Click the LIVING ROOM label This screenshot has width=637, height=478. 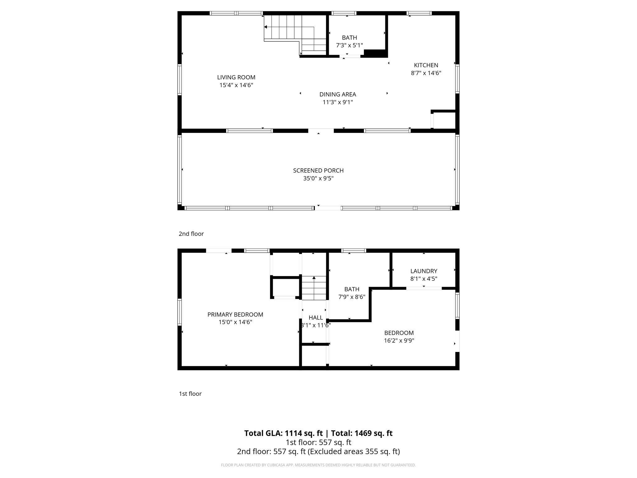236,77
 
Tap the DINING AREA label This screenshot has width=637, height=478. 337,94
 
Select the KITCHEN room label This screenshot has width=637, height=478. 426,65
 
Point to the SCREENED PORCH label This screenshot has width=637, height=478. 318,171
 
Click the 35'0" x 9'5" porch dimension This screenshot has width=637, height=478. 318,178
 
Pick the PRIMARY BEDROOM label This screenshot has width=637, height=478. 235,315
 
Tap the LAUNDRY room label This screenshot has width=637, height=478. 424,271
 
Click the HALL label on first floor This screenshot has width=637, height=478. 315,318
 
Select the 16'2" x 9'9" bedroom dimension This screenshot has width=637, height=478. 399,340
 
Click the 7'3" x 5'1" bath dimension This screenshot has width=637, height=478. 349,45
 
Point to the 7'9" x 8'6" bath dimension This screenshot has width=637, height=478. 351,297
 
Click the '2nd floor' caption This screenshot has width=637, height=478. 191,234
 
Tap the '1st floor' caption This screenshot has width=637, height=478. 190,394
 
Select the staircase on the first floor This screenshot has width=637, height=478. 314,288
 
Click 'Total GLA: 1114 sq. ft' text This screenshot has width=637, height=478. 283,433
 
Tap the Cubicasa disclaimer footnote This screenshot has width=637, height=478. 318,465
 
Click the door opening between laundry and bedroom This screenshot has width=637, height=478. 424,288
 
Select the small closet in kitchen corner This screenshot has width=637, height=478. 444,120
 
